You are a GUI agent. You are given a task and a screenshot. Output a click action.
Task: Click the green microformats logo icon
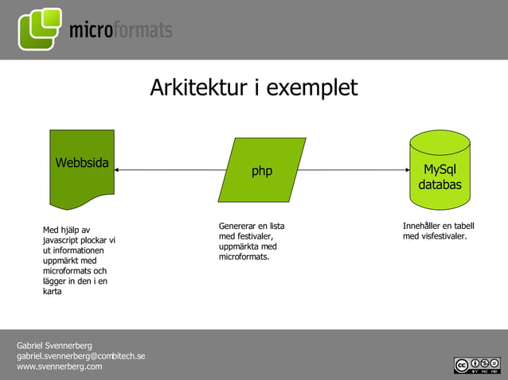[x=40, y=29]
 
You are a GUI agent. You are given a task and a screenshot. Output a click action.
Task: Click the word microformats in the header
[x=120, y=31]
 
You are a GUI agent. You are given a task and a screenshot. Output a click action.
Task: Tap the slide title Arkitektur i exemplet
[x=253, y=87]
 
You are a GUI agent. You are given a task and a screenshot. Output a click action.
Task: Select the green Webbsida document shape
[x=82, y=167]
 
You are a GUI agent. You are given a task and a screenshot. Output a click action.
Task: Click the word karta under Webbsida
[x=53, y=291]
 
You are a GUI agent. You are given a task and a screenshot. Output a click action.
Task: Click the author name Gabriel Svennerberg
[x=54, y=346]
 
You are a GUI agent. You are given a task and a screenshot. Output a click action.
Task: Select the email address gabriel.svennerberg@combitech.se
[x=80, y=356]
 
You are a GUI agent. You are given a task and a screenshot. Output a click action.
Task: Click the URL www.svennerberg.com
[x=59, y=366]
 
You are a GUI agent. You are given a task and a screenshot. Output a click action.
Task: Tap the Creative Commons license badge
[x=476, y=365]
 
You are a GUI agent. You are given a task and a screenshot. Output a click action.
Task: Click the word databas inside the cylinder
[x=440, y=185]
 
